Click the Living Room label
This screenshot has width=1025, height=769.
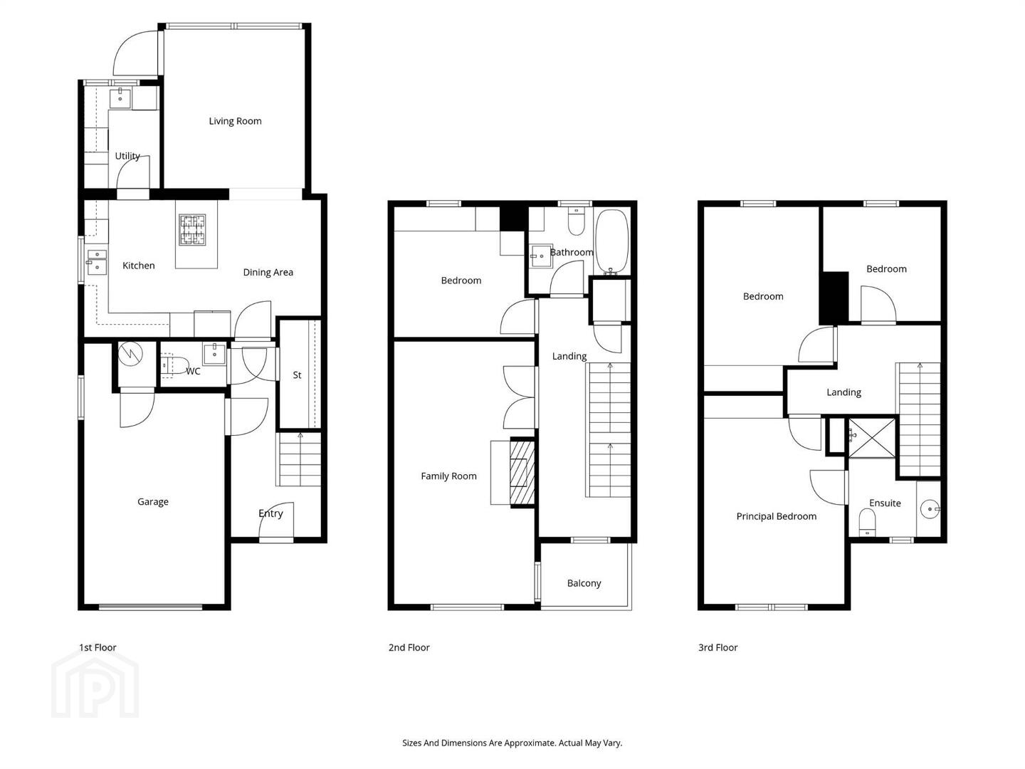(235, 121)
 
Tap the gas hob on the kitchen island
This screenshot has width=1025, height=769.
(192, 229)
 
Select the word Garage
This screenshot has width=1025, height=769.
(153, 502)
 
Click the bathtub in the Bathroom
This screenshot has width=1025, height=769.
(612, 242)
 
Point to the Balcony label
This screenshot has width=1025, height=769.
(584, 583)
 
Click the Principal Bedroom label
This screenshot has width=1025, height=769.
(776, 516)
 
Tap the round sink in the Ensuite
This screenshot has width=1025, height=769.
(930, 508)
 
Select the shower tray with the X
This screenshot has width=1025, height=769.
(871, 437)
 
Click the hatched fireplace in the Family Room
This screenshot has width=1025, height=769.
(522, 472)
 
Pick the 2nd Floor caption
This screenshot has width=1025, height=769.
(409, 648)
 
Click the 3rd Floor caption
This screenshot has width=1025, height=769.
(717, 648)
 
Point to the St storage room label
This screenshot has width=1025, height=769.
(297, 375)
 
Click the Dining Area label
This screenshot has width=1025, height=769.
(268, 273)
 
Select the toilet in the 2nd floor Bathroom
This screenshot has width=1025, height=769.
(577, 221)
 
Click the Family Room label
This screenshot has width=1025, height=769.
(448, 476)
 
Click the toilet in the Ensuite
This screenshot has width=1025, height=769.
(867, 523)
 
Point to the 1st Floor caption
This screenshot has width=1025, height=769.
(97, 648)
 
